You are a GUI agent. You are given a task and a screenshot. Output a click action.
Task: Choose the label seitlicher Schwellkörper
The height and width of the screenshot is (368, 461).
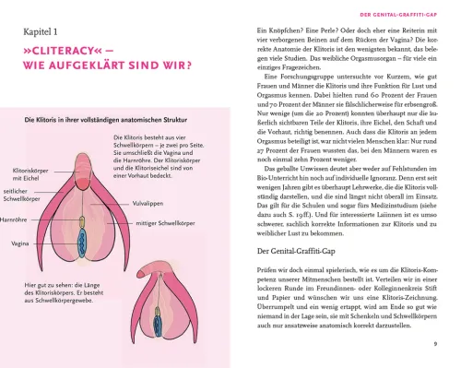pos(23,168)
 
